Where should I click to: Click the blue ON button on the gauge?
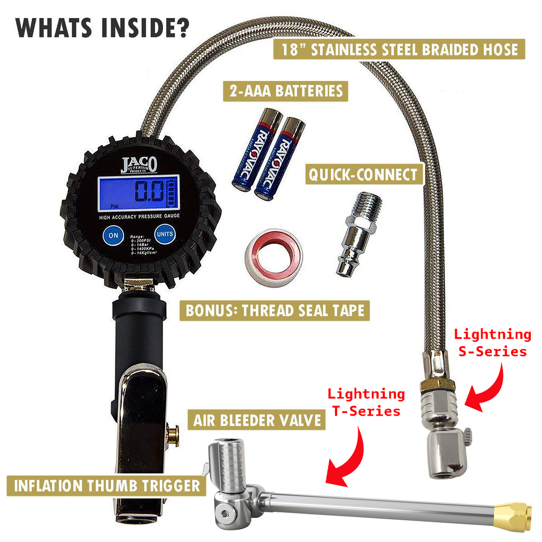point(113,236)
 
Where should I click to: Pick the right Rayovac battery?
point(279,158)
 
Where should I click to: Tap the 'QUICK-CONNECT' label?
point(364,174)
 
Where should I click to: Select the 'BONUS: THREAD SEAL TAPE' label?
point(274,310)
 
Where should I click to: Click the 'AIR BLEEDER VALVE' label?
point(256,420)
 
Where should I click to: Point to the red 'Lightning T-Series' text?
point(366,402)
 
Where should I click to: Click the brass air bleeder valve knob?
point(173,435)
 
